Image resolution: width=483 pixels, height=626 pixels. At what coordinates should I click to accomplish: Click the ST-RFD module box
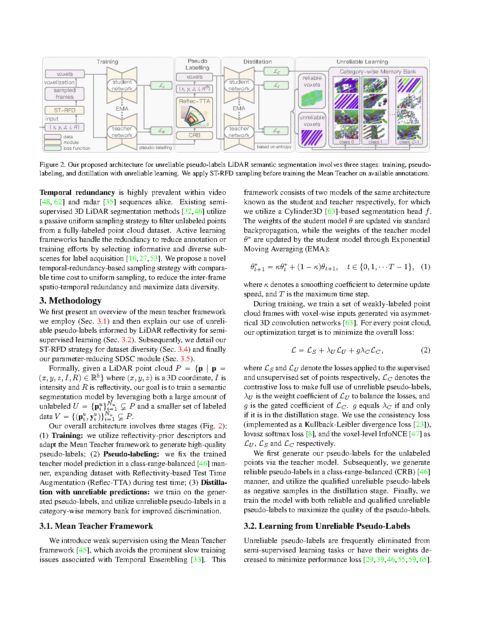click(x=64, y=110)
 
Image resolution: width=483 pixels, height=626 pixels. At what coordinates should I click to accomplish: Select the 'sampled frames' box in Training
click(x=64, y=93)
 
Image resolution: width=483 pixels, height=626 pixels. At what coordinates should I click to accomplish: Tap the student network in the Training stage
click(x=122, y=85)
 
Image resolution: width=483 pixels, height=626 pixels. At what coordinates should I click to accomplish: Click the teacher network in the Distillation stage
click(x=239, y=132)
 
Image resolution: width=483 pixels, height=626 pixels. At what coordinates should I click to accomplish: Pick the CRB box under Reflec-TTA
click(x=194, y=135)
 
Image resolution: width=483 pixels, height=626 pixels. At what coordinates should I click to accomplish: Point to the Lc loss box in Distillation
click(x=277, y=72)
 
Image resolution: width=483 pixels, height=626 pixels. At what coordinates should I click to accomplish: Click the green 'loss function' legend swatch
click(x=52, y=148)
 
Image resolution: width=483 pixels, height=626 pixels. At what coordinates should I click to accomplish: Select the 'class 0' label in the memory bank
click(x=346, y=142)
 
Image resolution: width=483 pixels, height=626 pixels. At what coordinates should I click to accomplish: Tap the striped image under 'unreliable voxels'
click(x=312, y=138)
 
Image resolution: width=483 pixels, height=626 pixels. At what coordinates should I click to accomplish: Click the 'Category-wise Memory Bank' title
click(x=378, y=72)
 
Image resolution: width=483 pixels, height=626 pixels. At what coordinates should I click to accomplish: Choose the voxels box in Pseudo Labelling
click(x=194, y=77)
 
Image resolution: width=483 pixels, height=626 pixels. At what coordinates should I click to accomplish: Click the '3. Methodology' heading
click(x=70, y=301)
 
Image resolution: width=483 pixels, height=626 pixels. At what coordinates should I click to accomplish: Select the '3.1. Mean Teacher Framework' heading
click(x=96, y=526)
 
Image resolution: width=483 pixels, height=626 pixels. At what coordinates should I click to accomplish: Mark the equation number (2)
click(x=425, y=350)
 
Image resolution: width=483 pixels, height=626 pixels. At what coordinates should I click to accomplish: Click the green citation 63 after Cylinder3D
click(x=331, y=211)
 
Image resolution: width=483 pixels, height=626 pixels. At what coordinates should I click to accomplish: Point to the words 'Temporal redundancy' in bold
click(x=77, y=192)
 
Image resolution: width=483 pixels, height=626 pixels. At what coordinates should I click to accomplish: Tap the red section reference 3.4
click(x=183, y=349)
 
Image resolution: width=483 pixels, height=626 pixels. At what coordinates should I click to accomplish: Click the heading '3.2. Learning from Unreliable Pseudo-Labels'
click(x=327, y=526)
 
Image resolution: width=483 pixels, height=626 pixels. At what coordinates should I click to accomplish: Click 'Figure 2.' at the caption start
click(x=52, y=165)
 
